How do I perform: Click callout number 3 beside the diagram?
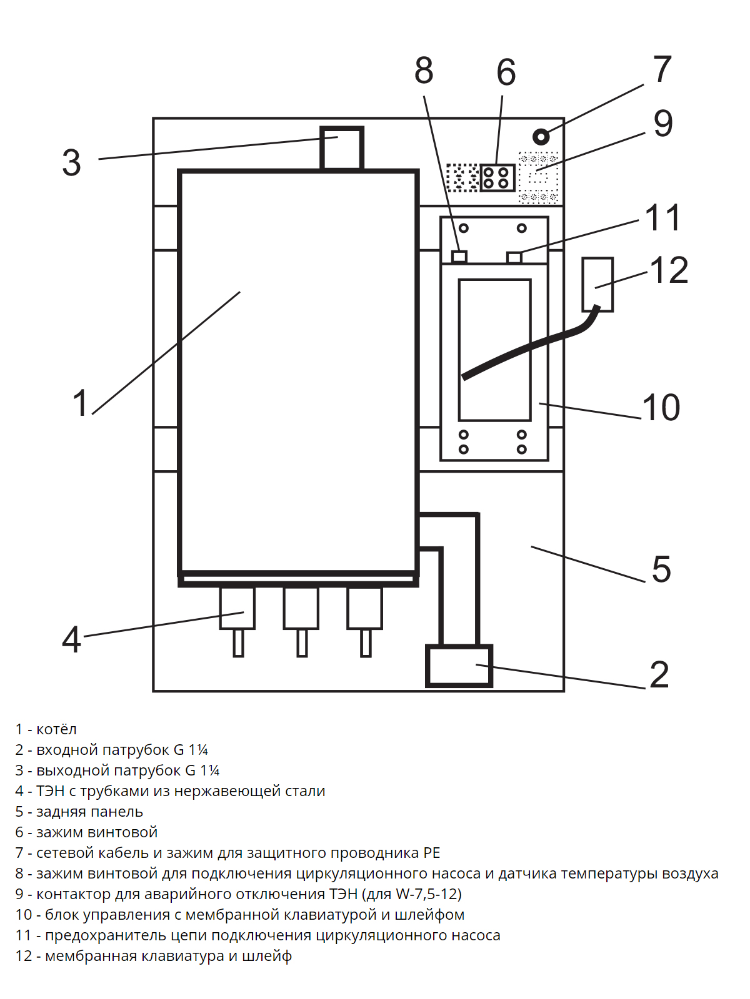tap(71, 163)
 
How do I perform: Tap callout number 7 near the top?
tap(662, 69)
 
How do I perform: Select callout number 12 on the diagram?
tap(669, 270)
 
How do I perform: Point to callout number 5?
tap(661, 569)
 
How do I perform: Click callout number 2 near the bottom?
tap(659, 675)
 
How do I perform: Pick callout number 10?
tap(661, 408)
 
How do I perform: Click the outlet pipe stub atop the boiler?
tap(341, 148)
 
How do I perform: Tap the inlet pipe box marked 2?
tap(459, 666)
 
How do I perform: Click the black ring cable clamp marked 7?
tap(541, 137)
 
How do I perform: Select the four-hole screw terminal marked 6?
tap(497, 177)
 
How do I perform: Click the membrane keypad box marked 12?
tap(597, 284)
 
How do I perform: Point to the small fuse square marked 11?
tap(514, 257)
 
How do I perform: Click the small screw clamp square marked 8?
tap(459, 257)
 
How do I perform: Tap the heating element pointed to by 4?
tap(237, 609)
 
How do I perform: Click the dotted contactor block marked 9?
tap(538, 178)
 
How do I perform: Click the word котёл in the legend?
tap(56, 729)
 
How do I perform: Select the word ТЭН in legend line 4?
tap(51, 791)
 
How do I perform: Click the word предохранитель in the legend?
tap(106, 935)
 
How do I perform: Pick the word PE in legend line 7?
tap(431, 853)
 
